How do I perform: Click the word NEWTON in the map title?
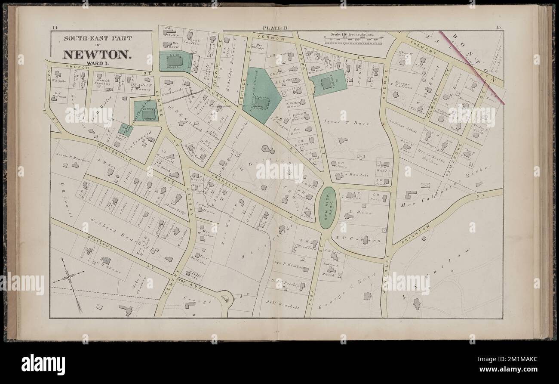pyautogui.click(x=97, y=55)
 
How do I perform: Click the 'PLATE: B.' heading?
pyautogui.click(x=276, y=28)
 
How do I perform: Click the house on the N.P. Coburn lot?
pyautogui.click(x=365, y=240)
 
